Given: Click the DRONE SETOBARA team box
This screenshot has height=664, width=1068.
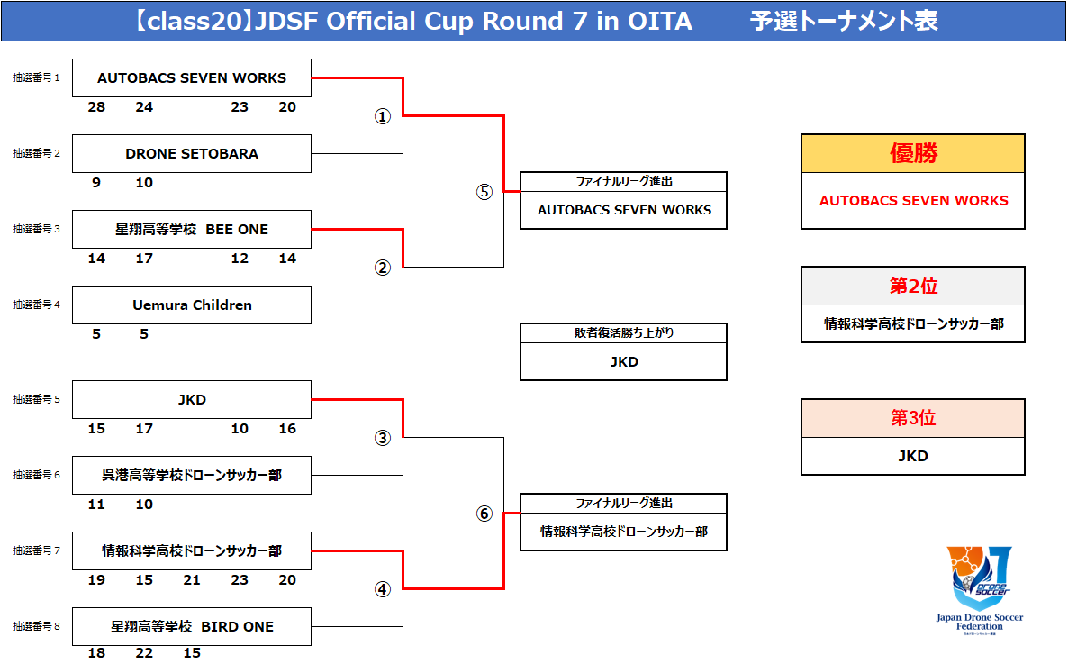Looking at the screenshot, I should (x=192, y=154).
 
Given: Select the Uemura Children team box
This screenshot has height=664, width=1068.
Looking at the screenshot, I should (x=192, y=305).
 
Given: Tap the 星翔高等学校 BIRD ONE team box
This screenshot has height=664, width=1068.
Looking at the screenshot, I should (x=192, y=627).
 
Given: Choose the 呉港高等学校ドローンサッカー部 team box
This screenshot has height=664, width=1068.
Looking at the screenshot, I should (x=192, y=475).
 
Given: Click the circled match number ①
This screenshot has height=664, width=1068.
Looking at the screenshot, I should (x=383, y=117).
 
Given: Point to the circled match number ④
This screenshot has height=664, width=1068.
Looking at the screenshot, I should (x=383, y=589).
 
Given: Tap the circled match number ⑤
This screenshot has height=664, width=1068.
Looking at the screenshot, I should (x=484, y=192).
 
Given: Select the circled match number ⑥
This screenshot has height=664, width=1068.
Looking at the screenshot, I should (x=484, y=514).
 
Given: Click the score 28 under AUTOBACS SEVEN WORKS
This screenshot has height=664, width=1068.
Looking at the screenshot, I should (x=96, y=107).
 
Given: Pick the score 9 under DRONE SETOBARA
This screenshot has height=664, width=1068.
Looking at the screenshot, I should (x=96, y=183).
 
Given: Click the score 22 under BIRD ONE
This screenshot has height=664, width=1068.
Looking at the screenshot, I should (x=144, y=653).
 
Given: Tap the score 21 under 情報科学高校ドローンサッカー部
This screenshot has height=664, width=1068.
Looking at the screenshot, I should (x=192, y=580).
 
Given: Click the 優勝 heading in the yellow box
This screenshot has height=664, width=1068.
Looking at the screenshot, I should (x=913, y=154).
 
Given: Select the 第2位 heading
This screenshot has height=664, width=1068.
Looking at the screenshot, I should (x=913, y=287).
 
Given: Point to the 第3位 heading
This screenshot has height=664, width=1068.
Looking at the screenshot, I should (x=913, y=419).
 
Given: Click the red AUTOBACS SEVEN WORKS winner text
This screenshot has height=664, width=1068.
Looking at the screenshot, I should (x=913, y=201).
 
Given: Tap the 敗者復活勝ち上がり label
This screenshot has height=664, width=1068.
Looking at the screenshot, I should (x=623, y=333).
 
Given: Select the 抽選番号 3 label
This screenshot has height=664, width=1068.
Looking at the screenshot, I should (x=36, y=230).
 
